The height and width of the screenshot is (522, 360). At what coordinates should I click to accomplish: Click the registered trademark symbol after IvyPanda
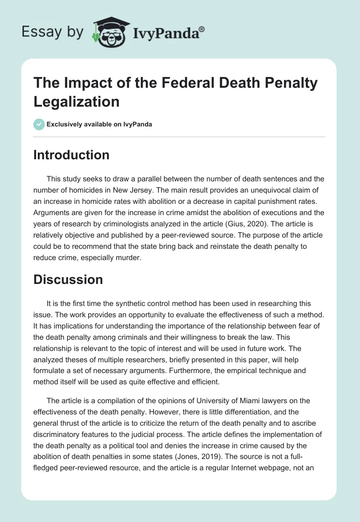202,28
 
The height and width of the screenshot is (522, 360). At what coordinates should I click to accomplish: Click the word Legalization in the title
76,101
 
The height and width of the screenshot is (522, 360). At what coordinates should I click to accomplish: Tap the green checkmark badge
39,124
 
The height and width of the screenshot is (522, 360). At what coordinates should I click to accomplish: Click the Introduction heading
72,155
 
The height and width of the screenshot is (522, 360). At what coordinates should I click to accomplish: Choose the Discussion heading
68,279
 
